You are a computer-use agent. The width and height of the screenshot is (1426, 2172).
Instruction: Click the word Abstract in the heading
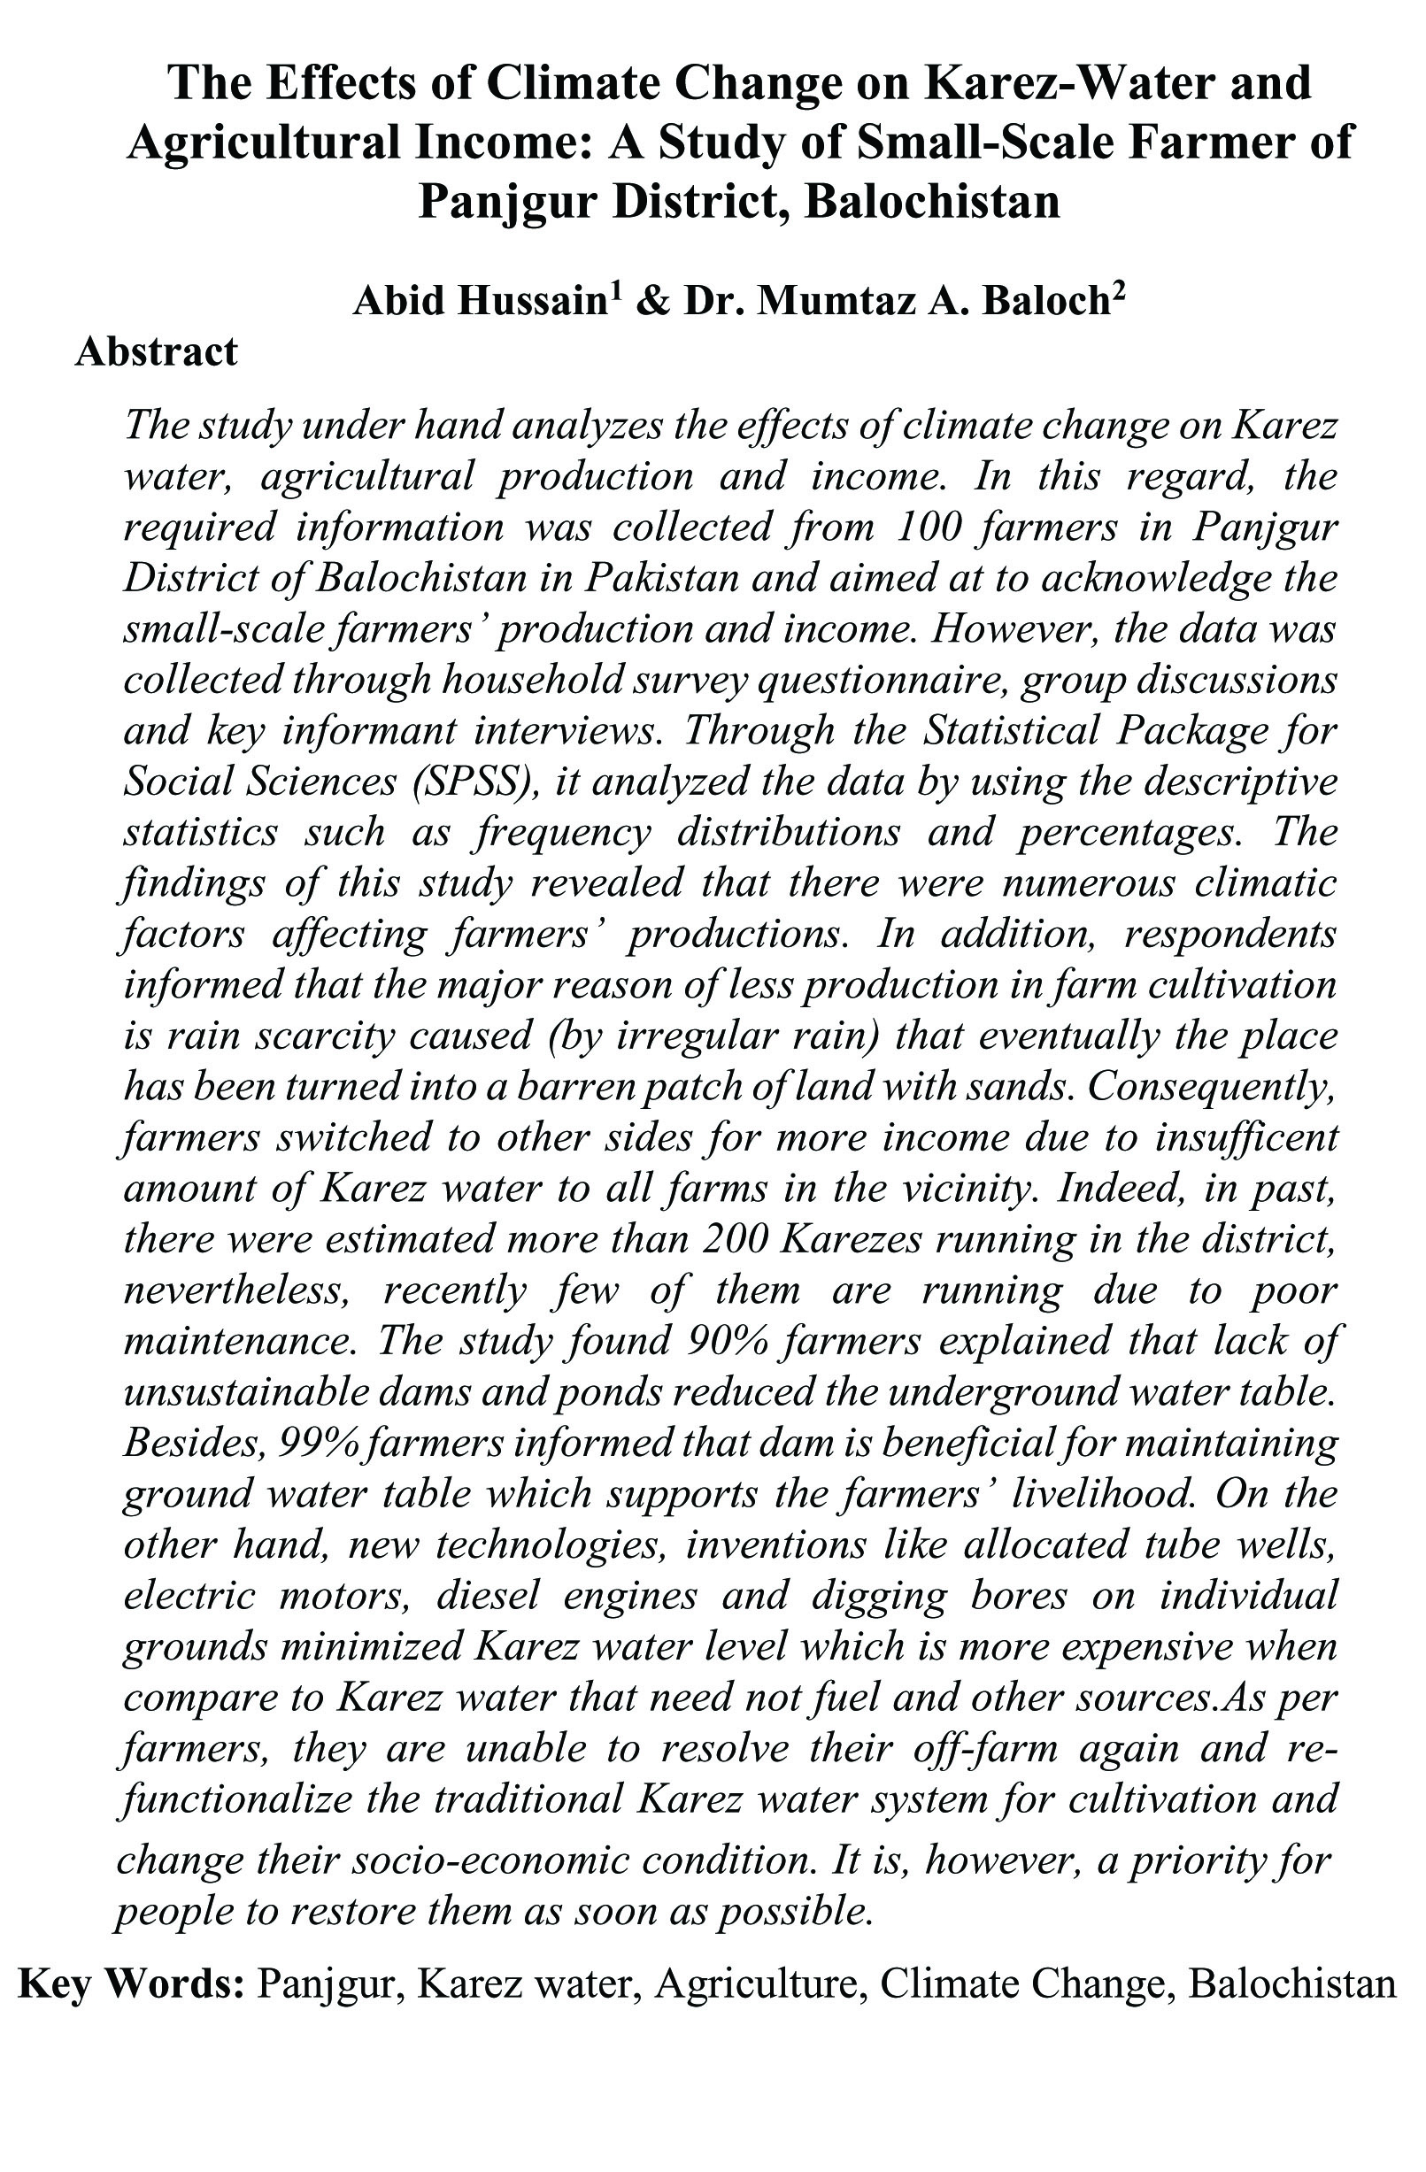click(156, 352)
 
